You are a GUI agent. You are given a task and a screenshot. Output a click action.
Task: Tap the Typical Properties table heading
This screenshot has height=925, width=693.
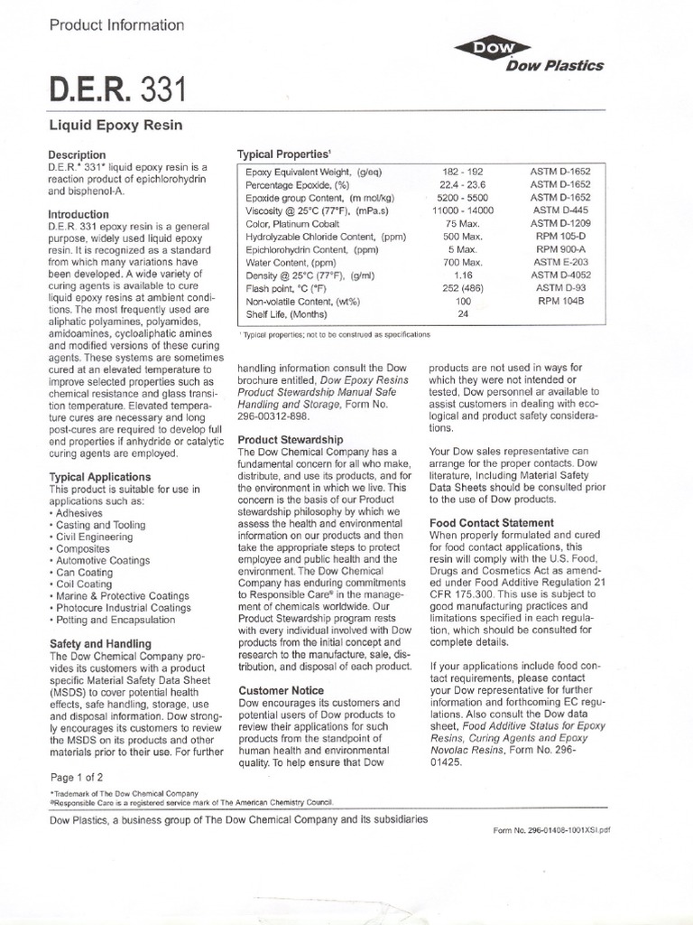point(275,154)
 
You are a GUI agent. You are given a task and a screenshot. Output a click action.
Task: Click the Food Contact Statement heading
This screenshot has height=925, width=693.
point(491,522)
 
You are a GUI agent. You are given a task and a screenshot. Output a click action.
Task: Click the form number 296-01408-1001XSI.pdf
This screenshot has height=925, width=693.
point(551,828)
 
